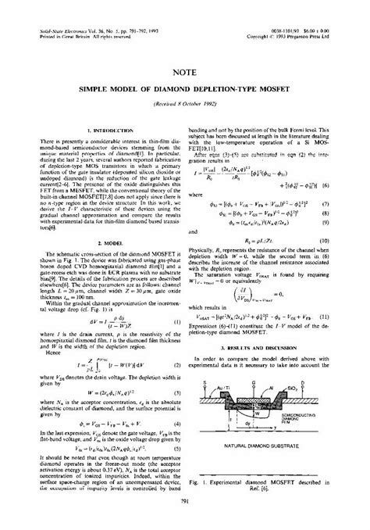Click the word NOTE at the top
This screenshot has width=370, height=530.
pos(185,71)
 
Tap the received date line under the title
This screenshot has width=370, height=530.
pos(185,104)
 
